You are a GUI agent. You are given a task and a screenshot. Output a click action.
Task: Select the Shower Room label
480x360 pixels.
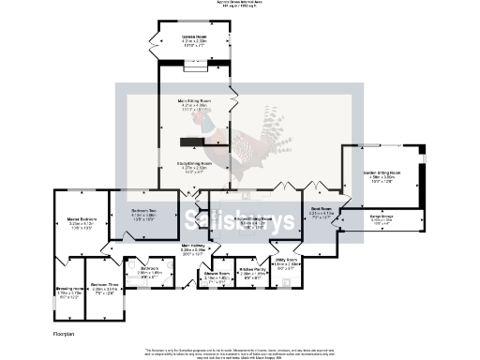(217, 274)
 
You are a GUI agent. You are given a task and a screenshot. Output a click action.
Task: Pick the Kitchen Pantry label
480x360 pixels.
(252, 273)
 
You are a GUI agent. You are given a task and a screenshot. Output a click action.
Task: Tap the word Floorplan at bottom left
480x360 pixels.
(64, 333)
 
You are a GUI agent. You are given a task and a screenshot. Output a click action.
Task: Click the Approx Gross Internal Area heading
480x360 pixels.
(239, 4)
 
